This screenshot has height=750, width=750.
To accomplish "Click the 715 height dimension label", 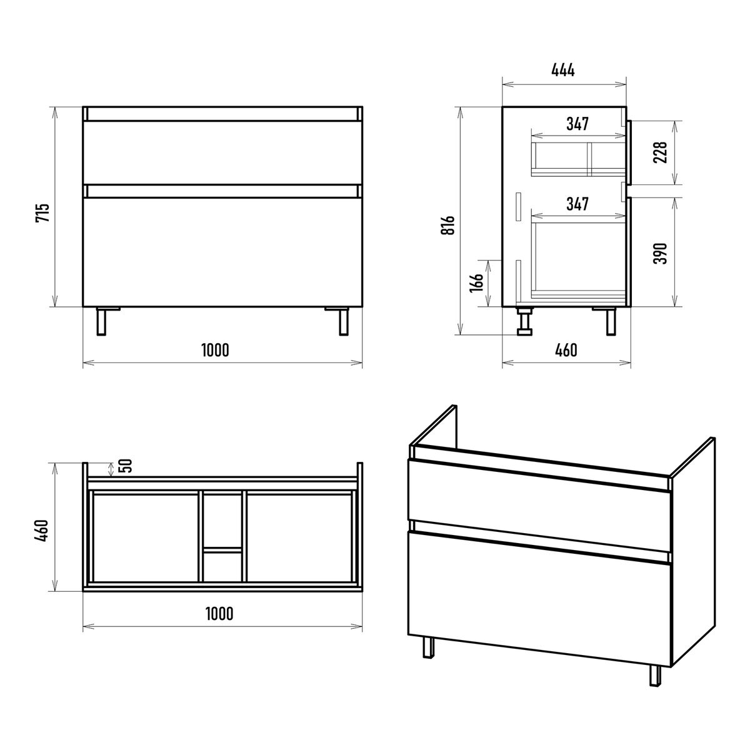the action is point(43,212).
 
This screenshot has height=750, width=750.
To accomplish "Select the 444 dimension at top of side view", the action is point(562,71).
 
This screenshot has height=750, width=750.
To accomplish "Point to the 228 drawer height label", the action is point(661,152).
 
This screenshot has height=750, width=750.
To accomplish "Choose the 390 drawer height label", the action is point(661,253).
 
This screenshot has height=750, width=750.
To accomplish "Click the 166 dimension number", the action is point(476,282).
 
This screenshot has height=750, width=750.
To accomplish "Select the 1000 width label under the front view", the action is point(215,350).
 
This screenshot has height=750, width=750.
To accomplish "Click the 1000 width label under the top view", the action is point(219,614).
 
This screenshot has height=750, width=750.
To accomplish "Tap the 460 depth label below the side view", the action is point(566,350).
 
